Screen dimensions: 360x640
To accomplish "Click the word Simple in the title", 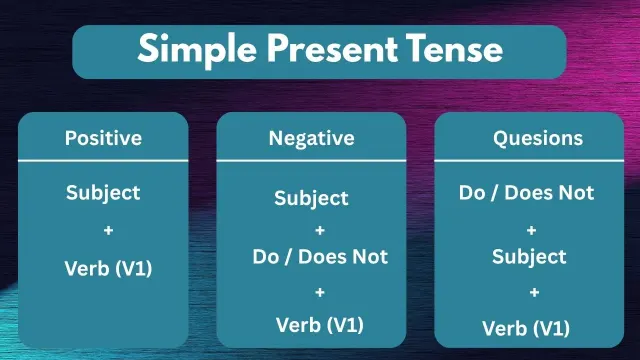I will pyautogui.click(x=189, y=49).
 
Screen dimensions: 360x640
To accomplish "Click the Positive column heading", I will pyautogui.click(x=103, y=137).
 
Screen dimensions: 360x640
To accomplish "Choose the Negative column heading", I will pyautogui.click(x=311, y=138).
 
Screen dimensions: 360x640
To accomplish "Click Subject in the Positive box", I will pyautogui.click(x=103, y=192).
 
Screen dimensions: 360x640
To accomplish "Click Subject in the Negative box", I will pyautogui.click(x=311, y=198).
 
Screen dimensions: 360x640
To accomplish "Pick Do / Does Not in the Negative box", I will pyautogui.click(x=319, y=257).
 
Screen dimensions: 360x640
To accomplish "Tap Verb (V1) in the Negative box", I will pyautogui.click(x=319, y=324).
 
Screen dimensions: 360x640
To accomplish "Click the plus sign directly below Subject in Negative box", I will pyautogui.click(x=319, y=229).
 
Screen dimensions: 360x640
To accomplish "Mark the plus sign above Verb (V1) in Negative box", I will pyautogui.click(x=319, y=292).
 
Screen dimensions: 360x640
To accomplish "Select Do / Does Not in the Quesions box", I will pyautogui.click(x=527, y=192).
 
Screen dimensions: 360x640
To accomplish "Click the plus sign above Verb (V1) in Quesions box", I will pyautogui.click(x=534, y=292).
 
